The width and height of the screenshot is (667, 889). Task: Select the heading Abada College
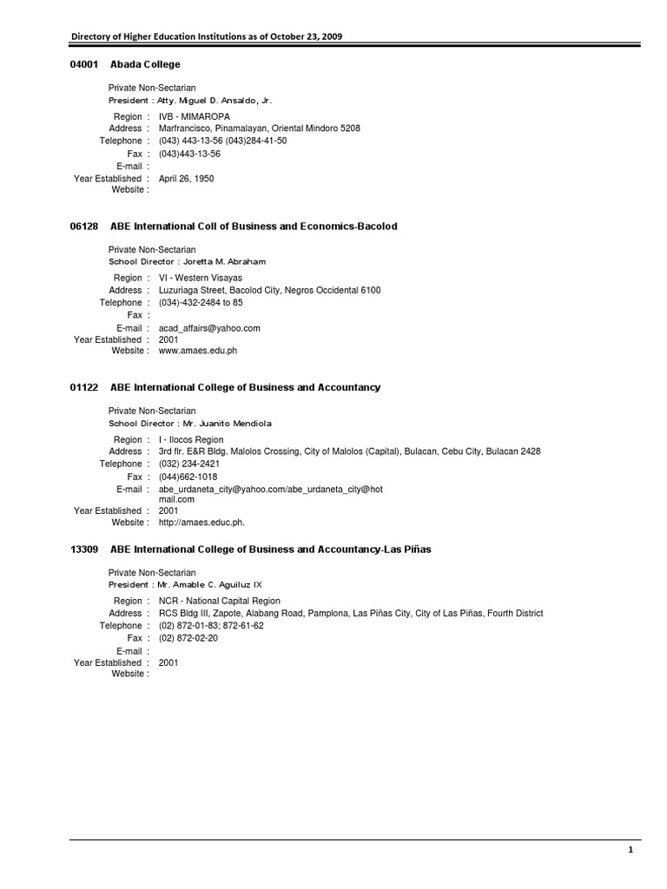pyautogui.click(x=145, y=64)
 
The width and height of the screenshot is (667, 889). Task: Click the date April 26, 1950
pyautogui.click(x=186, y=179)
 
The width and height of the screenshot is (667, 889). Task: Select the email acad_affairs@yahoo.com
pyautogui.click(x=209, y=328)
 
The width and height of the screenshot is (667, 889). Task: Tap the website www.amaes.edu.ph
pyautogui.click(x=198, y=352)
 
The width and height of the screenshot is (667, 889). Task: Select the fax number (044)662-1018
pyautogui.click(x=188, y=477)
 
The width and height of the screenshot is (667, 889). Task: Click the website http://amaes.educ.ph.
pyautogui.click(x=201, y=523)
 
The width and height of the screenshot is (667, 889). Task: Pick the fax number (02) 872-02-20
pyautogui.click(x=188, y=637)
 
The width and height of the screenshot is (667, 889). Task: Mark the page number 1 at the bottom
pyautogui.click(x=631, y=852)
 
